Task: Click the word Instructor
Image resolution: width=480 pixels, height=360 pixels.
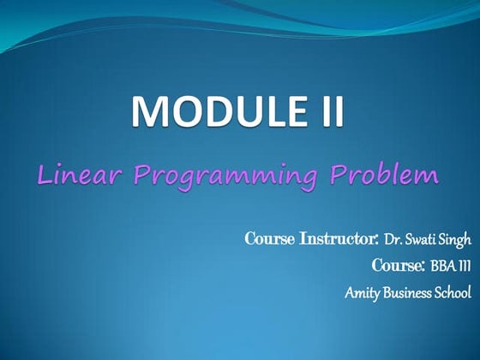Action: click(x=338, y=237)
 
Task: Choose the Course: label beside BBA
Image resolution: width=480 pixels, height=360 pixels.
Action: click(x=399, y=266)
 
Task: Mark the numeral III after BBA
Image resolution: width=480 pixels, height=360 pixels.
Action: click(x=465, y=266)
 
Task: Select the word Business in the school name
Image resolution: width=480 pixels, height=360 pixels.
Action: click(x=409, y=293)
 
